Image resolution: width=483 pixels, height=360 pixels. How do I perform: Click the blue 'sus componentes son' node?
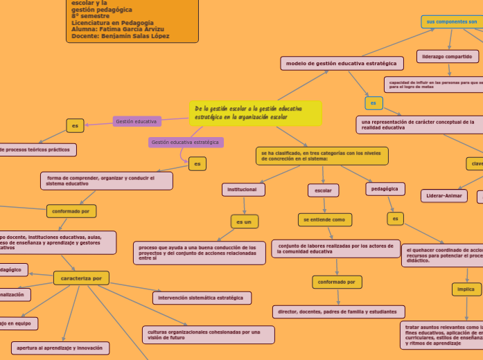tap(451, 21)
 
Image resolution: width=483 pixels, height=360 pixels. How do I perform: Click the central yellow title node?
tap(255, 113)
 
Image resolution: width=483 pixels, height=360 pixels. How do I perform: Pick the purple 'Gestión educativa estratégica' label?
tap(185, 142)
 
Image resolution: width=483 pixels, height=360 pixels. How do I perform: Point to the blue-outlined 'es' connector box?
tap(374, 102)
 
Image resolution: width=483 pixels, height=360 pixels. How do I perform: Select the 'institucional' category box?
tap(243, 189)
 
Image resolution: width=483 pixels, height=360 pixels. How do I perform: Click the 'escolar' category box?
tap(323, 190)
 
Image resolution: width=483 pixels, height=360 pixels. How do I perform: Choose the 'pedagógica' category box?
tap(385, 188)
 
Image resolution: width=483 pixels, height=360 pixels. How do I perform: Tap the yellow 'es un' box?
tap(244, 221)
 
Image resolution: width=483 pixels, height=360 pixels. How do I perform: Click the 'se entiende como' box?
tap(324, 219)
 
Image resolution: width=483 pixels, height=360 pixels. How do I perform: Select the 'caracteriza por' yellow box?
tap(81, 278)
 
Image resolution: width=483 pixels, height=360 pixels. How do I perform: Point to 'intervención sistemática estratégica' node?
tap(202, 298)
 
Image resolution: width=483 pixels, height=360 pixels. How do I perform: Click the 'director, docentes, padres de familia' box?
tap(338, 312)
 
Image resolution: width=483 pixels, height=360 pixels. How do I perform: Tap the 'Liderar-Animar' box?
tap(444, 196)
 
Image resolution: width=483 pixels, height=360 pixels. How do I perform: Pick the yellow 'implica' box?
tap(466, 289)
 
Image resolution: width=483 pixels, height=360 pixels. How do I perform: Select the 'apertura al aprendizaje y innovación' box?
tap(60, 348)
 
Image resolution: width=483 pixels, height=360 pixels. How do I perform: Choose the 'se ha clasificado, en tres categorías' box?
tap(322, 156)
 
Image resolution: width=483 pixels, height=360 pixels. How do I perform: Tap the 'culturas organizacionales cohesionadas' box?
tap(208, 334)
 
